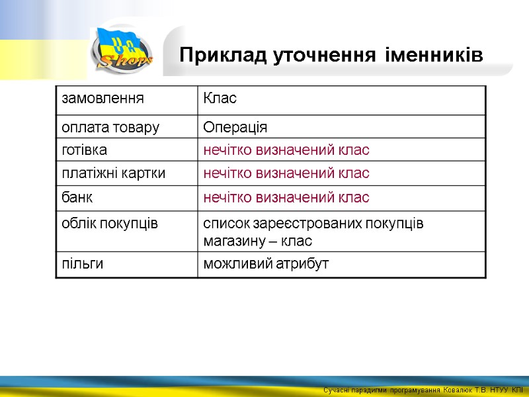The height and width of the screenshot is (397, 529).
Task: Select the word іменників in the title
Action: [x=436, y=56]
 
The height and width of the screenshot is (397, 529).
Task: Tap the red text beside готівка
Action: [x=286, y=150]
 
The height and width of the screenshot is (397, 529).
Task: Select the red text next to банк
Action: [x=286, y=197]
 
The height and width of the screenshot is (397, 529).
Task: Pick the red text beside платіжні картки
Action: [x=286, y=173]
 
